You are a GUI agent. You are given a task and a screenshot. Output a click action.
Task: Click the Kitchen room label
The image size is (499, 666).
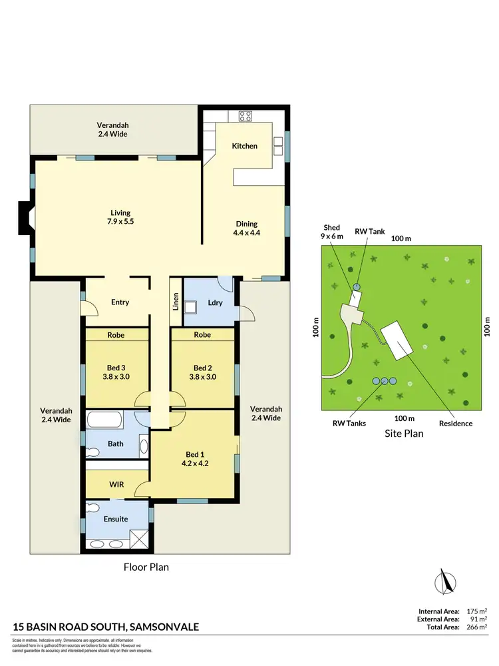point(244,146)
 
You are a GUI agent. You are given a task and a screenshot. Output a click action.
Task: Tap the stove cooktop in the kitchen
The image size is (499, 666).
point(246,116)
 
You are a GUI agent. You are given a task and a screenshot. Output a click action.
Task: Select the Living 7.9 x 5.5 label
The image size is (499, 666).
point(120,217)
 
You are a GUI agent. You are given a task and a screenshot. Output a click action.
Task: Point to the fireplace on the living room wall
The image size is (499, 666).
point(26,218)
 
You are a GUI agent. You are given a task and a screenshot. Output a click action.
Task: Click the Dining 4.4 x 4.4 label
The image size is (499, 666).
point(245,228)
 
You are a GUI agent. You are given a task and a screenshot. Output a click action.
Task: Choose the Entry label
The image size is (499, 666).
point(120,302)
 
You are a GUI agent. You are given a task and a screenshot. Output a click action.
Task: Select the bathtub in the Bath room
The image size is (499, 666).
point(104,421)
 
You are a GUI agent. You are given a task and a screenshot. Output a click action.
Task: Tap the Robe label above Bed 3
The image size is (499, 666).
point(116,334)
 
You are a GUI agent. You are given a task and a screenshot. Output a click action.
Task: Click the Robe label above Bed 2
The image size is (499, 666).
point(202,334)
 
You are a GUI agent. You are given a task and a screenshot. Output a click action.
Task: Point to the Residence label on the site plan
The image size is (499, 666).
point(456,423)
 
